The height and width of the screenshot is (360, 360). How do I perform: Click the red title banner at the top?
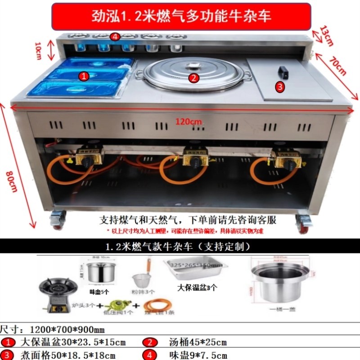pos(181,17)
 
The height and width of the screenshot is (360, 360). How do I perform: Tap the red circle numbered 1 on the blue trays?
pos(83,76)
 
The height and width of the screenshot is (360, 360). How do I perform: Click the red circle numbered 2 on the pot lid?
pos(193,78)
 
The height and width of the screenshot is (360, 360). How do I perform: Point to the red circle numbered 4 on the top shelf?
pos(115,37)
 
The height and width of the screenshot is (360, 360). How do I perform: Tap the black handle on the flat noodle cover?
pos(283,72)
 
